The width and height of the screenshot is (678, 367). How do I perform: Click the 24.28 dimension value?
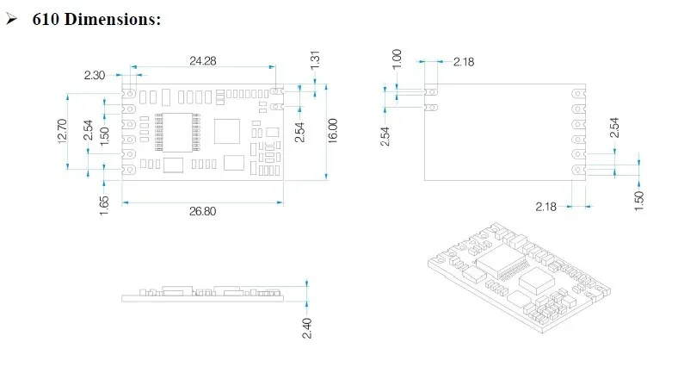pos(203,60)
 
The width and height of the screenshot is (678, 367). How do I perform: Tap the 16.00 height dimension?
pos(333,132)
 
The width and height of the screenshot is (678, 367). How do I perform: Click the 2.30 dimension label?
pos(95,76)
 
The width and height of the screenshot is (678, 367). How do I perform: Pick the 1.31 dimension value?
pos(316,60)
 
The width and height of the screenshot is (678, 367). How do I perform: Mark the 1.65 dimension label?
pos(104,206)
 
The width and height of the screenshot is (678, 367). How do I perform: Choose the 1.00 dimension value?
pos(397,59)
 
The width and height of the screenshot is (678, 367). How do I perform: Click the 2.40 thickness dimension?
pos(308,328)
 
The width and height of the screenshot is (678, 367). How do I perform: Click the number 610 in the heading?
pos(45,19)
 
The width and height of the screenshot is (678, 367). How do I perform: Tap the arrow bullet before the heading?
pos(11,19)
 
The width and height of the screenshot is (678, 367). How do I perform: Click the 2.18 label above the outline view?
pos(463,61)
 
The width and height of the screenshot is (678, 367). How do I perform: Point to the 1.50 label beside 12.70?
pos(104,136)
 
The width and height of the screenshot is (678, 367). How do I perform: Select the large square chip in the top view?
pos(229,130)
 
